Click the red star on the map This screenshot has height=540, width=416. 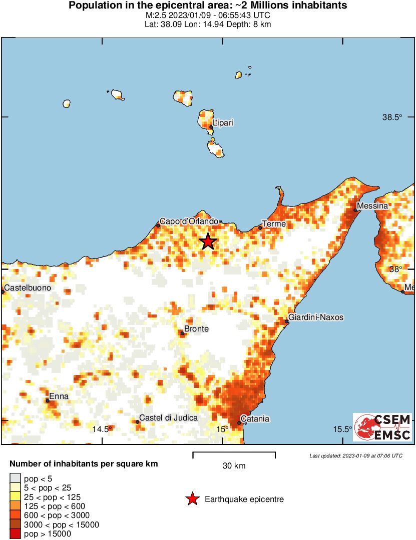pos(208,241)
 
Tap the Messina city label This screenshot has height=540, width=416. pos(372,206)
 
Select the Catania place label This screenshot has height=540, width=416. pos(255,419)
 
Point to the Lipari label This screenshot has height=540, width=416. pos(223,122)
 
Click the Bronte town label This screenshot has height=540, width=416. pos(196,329)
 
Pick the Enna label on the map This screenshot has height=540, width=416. pos(59,396)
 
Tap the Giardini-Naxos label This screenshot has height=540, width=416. pos(316,317)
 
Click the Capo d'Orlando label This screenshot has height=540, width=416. pos(189,221)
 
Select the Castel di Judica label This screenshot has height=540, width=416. pos(168,418)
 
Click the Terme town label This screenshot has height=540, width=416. pos(274,224)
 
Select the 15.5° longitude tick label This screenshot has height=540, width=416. pos(343,429)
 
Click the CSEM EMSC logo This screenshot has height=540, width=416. pos(382,427)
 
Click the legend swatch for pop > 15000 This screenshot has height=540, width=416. pos(16,533)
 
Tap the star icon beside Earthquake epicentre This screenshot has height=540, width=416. pos(192,499)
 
